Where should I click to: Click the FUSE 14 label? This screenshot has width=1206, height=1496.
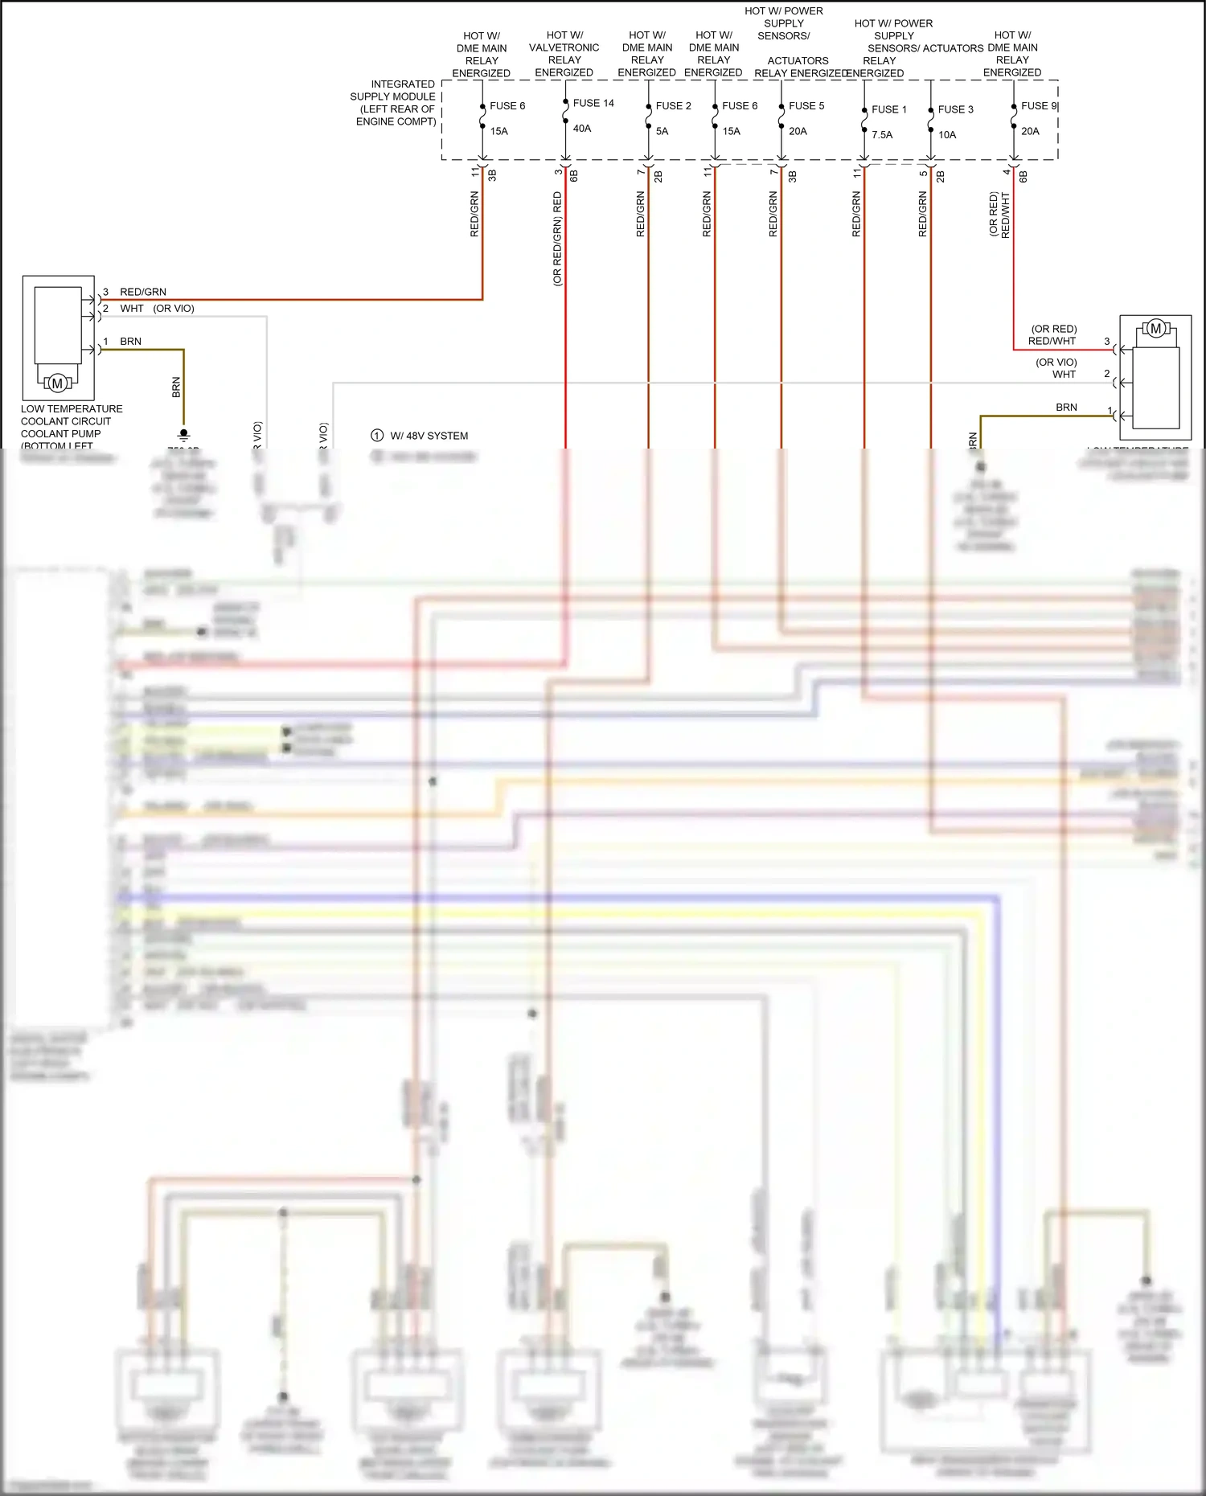593,103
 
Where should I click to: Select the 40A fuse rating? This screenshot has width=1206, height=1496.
582,129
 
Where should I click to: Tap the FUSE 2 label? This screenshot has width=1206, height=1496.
673,106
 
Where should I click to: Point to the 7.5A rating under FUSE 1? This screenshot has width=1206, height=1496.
882,135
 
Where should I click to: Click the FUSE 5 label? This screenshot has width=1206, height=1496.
806,106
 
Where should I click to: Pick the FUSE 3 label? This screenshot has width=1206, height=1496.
955,109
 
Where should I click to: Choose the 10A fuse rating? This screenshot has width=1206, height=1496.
947,135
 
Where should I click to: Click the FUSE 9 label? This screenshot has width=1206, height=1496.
1038,106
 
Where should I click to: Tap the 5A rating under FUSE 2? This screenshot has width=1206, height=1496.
662,131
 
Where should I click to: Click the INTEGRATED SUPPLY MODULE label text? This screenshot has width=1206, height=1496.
394,103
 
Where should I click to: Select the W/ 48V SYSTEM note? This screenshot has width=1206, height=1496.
429,436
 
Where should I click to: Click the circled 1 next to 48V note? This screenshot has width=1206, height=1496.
377,436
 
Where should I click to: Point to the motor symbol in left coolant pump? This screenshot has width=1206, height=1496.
57,383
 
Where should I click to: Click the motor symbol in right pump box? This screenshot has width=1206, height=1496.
1155,328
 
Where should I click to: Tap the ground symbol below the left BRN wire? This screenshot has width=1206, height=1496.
183,435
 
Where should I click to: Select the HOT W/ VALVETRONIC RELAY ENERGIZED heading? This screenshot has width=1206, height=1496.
564,54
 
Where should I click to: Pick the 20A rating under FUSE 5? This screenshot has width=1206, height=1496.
798,131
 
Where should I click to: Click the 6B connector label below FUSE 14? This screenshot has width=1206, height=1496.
574,175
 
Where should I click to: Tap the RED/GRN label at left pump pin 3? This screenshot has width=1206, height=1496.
143,292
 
